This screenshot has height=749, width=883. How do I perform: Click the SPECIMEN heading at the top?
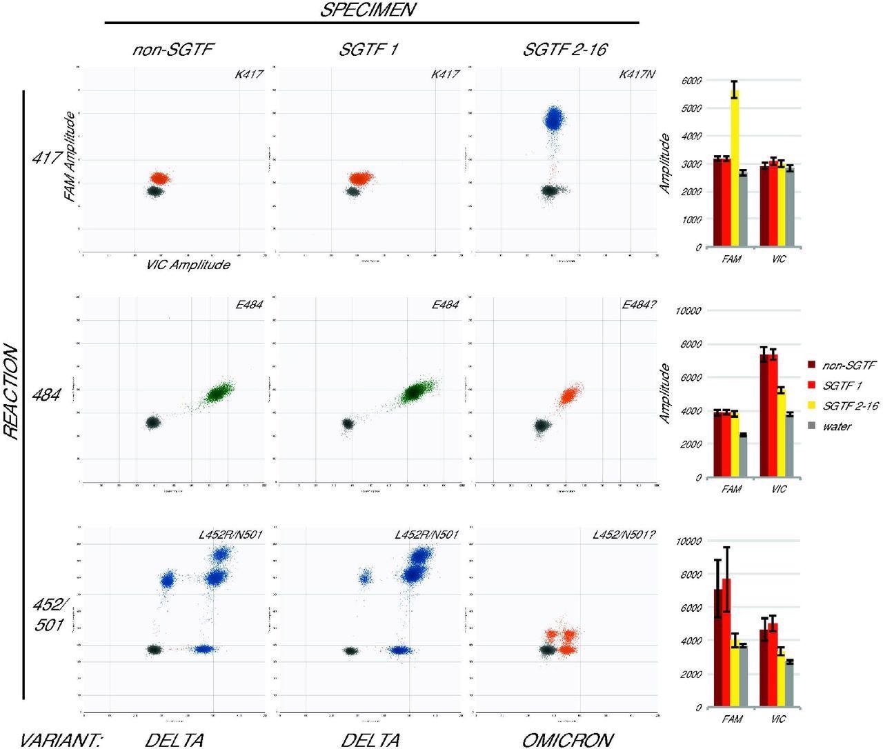tap(371, 10)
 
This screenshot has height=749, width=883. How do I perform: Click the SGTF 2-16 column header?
tap(565, 50)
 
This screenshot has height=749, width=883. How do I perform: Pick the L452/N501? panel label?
tap(622, 535)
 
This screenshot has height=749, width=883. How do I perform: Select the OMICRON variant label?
tap(567, 740)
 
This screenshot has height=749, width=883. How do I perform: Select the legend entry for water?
tap(836, 426)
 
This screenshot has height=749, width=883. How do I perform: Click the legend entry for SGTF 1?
tap(842, 385)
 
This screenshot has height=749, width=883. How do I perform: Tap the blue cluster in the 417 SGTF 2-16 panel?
tap(553, 119)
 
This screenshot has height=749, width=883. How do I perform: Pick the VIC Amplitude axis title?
tap(188, 265)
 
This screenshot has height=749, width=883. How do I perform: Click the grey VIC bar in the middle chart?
tap(790, 446)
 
